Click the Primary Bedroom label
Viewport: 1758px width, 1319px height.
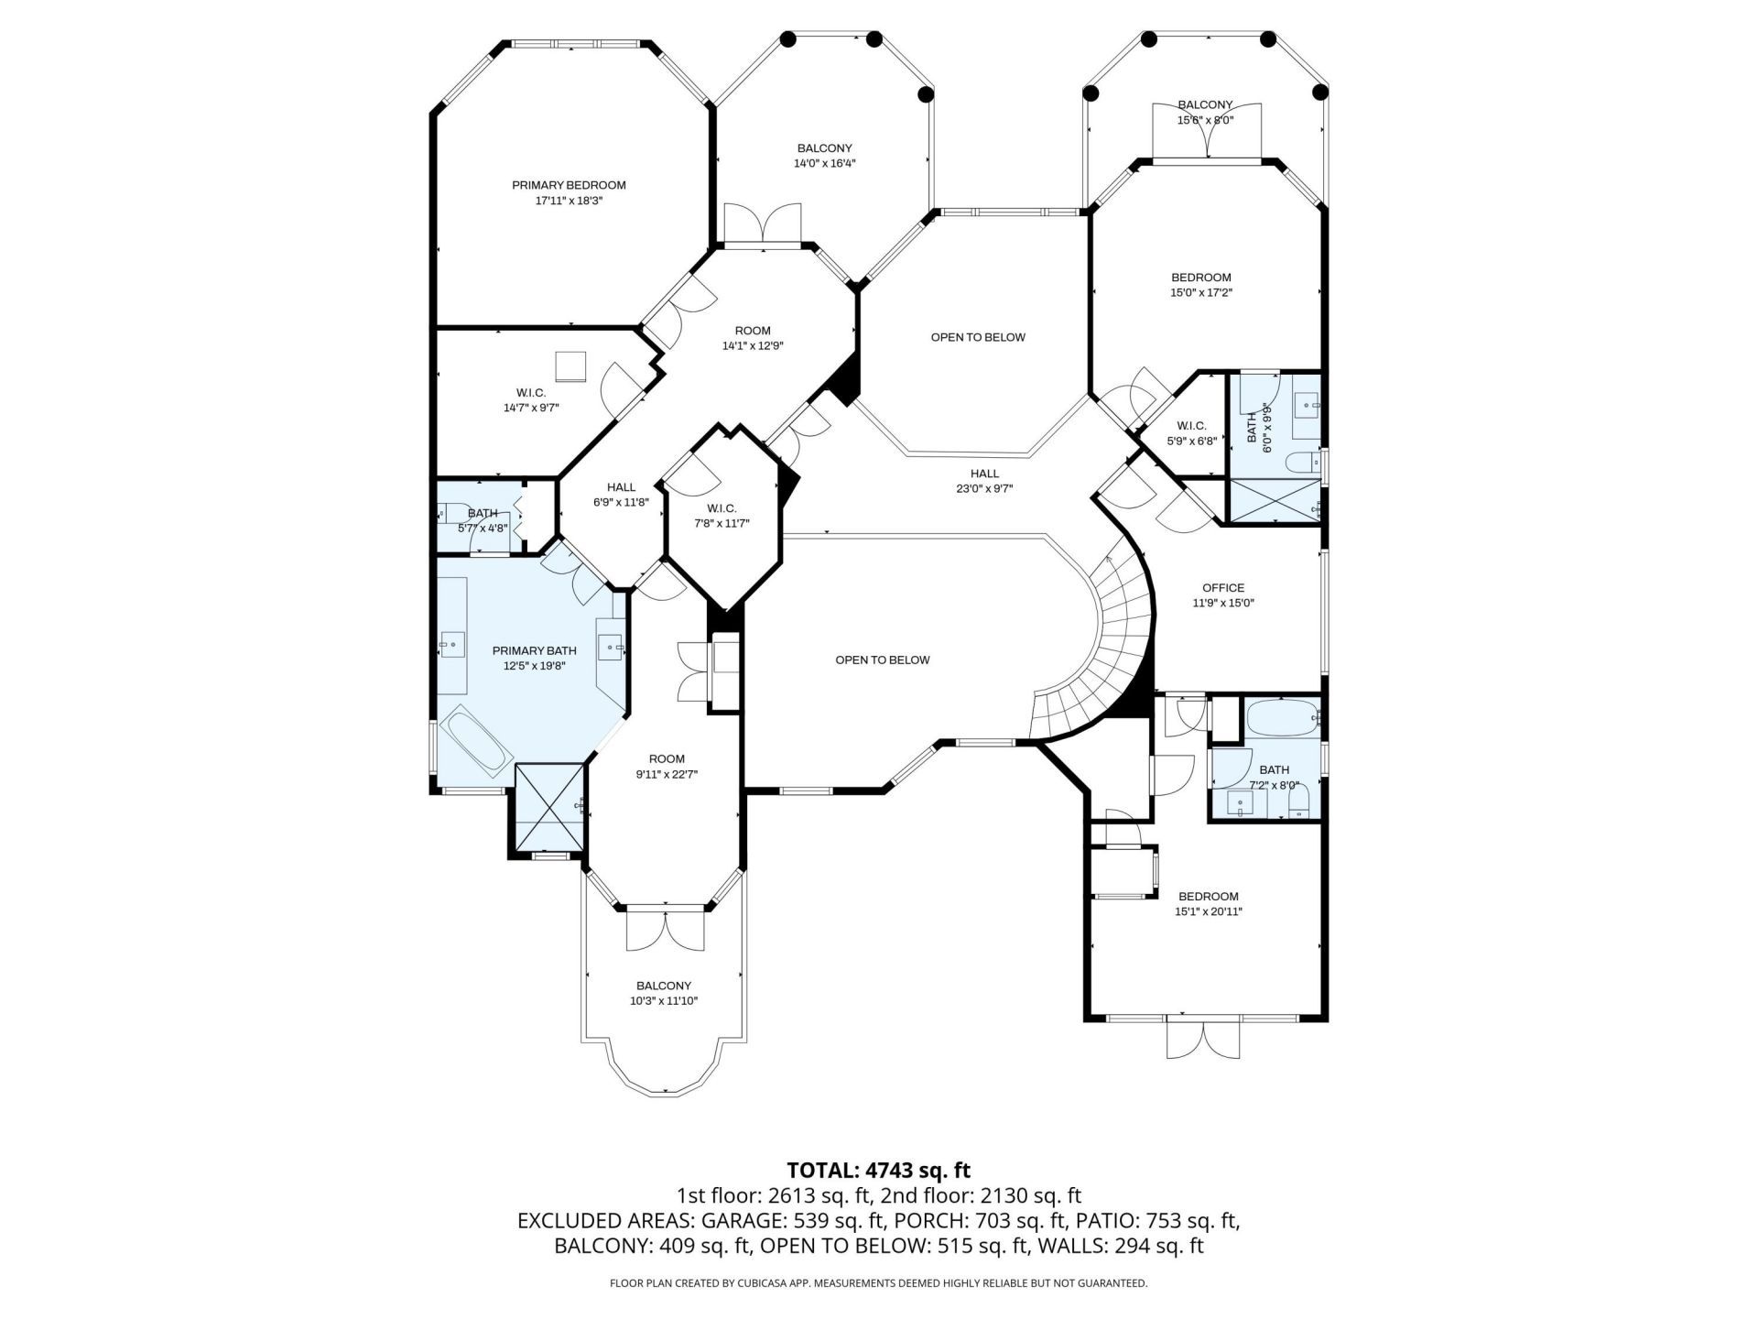(x=569, y=185)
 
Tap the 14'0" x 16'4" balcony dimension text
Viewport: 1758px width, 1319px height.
(x=824, y=164)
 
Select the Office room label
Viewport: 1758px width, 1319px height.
(x=1223, y=588)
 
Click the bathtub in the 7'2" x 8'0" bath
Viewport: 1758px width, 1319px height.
(x=1281, y=718)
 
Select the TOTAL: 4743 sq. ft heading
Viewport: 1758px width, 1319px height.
(x=878, y=1170)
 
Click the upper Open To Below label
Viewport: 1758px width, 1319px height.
(x=978, y=337)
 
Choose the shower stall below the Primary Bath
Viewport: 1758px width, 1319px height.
(x=549, y=806)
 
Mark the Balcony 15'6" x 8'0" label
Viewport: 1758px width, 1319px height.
(x=1205, y=105)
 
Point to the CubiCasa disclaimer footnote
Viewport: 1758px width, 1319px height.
(x=878, y=1283)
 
